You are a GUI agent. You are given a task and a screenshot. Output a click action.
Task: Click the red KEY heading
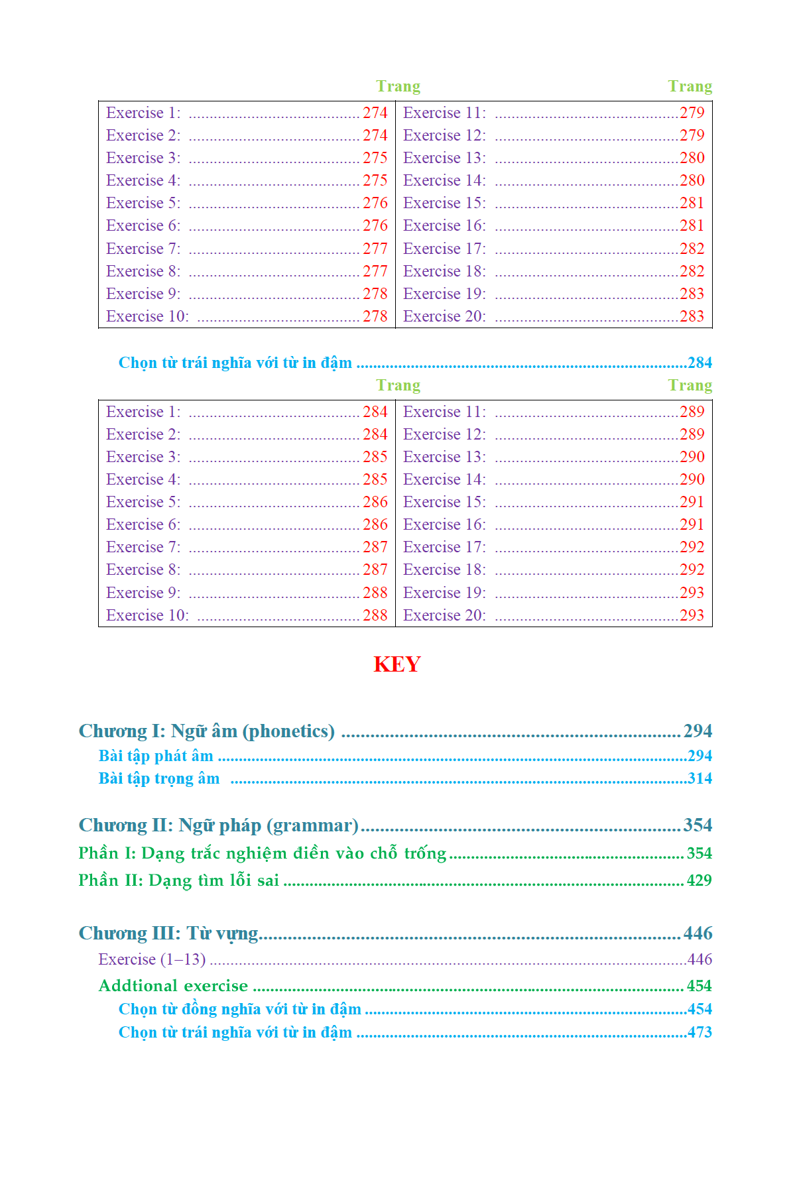pyautogui.click(x=397, y=664)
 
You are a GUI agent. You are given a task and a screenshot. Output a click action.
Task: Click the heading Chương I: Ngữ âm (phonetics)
pyautogui.click(x=206, y=731)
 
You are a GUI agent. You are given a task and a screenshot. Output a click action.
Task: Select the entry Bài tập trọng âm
pyautogui.click(x=158, y=778)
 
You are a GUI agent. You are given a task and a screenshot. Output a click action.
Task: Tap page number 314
pyautogui.click(x=699, y=778)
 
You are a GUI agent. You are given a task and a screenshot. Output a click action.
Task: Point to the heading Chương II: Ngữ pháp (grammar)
pyautogui.click(x=218, y=825)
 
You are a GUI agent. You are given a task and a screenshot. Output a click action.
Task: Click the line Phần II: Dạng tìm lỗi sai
pyautogui.click(x=178, y=880)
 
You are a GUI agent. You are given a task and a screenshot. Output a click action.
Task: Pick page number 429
pyautogui.click(x=699, y=880)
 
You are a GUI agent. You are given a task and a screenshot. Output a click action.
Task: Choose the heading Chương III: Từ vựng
pyautogui.click(x=168, y=933)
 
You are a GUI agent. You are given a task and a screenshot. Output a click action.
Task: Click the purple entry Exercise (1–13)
pyautogui.click(x=152, y=959)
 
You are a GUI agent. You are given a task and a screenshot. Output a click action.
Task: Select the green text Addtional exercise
pyautogui.click(x=173, y=986)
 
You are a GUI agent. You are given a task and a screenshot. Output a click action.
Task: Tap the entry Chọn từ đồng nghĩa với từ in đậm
pyautogui.click(x=239, y=1009)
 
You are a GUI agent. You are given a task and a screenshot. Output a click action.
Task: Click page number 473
pyautogui.click(x=699, y=1032)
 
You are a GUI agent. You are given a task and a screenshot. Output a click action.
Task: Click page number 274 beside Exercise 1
pyautogui.click(x=375, y=113)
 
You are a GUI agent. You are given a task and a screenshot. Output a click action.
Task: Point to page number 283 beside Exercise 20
pyautogui.click(x=692, y=316)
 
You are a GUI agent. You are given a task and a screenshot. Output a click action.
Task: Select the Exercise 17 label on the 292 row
pyautogui.click(x=444, y=547)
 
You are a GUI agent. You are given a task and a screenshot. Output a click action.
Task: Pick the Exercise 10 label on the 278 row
pyautogui.click(x=147, y=316)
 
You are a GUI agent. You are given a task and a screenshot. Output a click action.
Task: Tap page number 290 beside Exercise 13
pyautogui.click(x=692, y=457)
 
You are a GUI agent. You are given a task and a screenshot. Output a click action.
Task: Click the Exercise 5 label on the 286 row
pyautogui.click(x=143, y=502)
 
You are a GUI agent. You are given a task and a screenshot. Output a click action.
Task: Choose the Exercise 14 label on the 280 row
pyautogui.click(x=444, y=180)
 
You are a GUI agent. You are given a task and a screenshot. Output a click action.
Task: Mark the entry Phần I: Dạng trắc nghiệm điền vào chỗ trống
pyautogui.click(x=262, y=853)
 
